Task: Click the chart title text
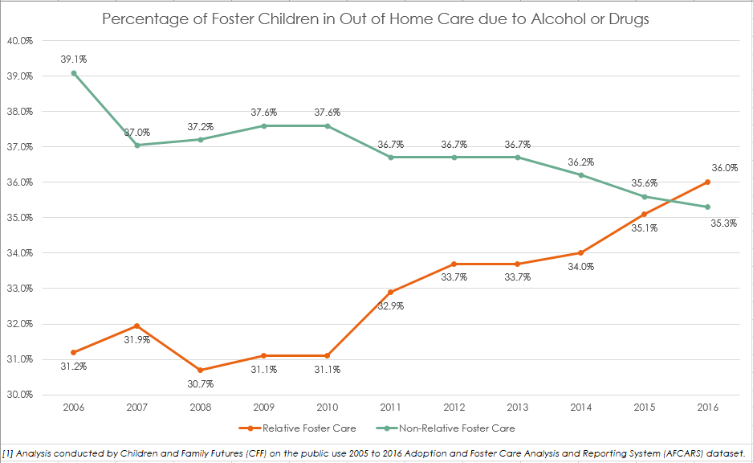(x=376, y=18)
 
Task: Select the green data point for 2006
(x=74, y=73)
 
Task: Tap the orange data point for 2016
(x=707, y=182)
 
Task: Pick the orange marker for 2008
(x=201, y=370)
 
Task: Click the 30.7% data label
(x=200, y=384)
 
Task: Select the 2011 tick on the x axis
(x=390, y=408)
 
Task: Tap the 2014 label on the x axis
(x=580, y=408)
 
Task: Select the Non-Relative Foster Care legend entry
(x=462, y=428)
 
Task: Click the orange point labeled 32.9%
(x=390, y=292)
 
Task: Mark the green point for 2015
(x=644, y=196)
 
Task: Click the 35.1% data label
(x=644, y=228)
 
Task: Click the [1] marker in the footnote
(x=8, y=453)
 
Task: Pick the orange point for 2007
(x=137, y=326)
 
